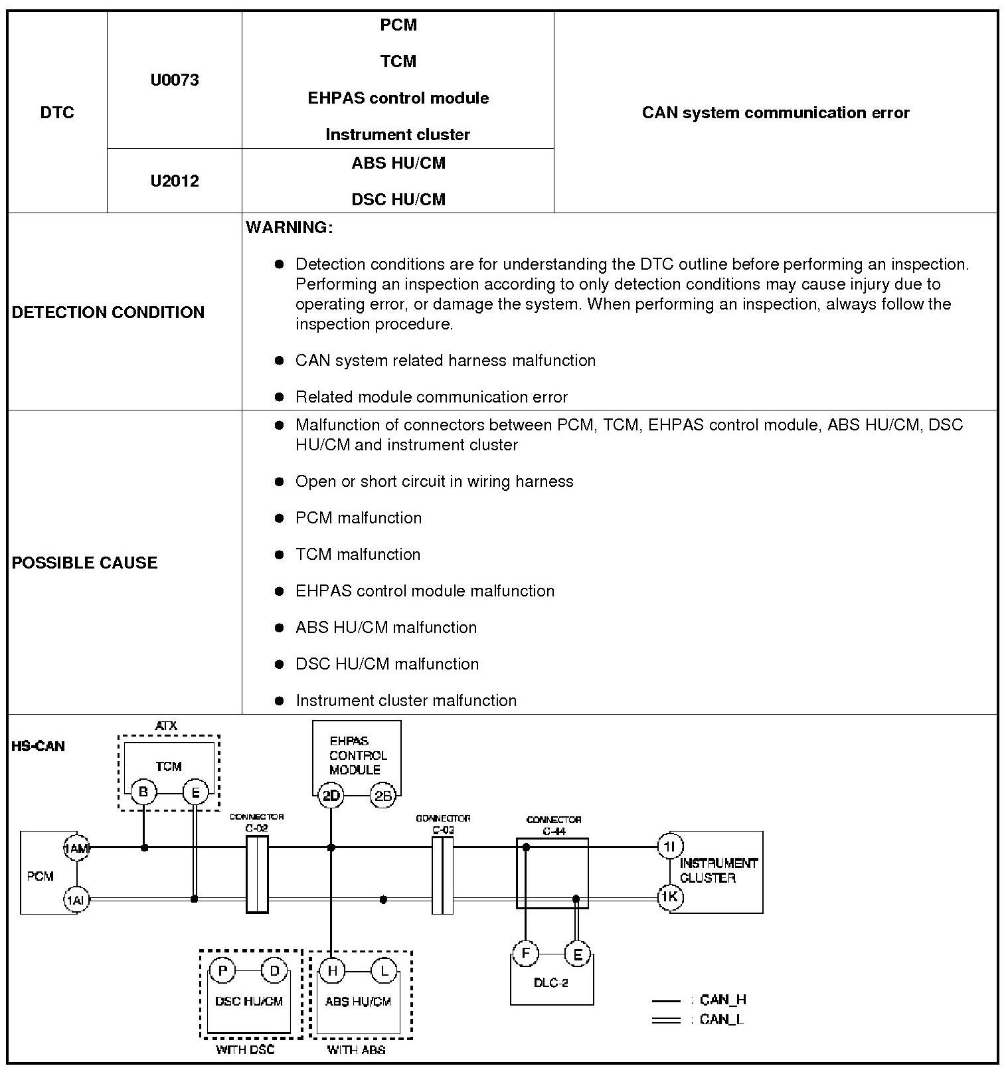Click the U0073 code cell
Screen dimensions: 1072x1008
pos(174,80)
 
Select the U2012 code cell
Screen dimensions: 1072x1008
pos(174,181)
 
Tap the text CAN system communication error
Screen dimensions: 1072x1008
pos(775,113)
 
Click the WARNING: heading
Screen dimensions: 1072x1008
pos(289,227)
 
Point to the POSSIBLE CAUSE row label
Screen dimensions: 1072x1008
pos(84,563)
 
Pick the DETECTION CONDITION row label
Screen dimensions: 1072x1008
pos(108,312)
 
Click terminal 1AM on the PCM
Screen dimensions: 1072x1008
pos(76,848)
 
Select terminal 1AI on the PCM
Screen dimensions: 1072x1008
pos(76,900)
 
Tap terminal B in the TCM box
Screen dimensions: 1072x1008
pos(143,792)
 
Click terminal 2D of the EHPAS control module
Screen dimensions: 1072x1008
pos(331,796)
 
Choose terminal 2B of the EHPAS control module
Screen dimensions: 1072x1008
pos(383,796)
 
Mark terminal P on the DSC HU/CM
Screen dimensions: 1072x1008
pos(222,972)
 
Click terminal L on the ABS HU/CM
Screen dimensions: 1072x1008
pos(384,972)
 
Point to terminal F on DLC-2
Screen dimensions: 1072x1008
pos(525,954)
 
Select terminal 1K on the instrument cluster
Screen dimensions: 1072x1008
pos(669,897)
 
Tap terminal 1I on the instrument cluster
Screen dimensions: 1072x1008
pos(669,846)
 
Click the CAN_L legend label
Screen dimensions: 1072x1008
pos(722,1020)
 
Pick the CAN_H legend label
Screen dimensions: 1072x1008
pos(722,1000)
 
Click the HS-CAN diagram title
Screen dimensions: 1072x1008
pos(38,747)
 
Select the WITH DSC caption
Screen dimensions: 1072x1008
pos(245,1050)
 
